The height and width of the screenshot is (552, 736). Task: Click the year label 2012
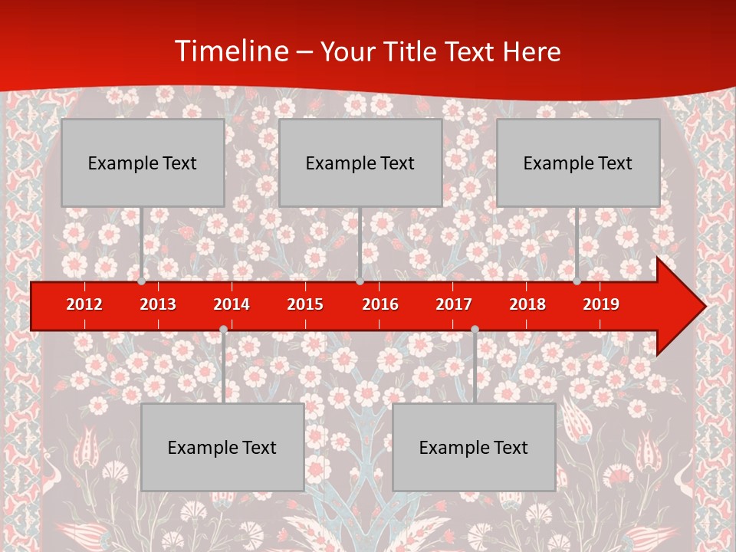(84, 304)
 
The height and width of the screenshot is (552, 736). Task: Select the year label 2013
(158, 304)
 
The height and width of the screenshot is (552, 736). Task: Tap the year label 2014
(232, 304)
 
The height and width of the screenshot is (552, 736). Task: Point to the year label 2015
(305, 304)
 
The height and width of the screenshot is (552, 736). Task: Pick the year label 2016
(380, 304)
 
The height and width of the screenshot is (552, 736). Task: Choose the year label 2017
(454, 304)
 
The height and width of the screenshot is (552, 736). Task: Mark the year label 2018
(527, 304)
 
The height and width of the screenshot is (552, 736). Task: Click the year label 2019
(601, 304)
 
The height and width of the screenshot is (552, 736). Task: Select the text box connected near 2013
(143, 163)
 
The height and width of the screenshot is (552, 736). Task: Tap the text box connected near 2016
(360, 163)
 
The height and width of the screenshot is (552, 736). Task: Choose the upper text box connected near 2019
(578, 163)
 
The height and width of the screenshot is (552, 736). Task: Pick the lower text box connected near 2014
(222, 447)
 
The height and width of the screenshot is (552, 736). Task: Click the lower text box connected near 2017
(474, 447)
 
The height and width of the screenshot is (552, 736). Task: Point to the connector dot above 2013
(142, 281)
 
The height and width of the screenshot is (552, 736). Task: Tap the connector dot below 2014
(223, 330)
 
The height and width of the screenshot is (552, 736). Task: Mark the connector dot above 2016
(360, 281)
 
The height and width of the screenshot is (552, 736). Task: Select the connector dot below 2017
(475, 330)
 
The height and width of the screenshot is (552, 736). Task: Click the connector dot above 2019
(577, 281)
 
